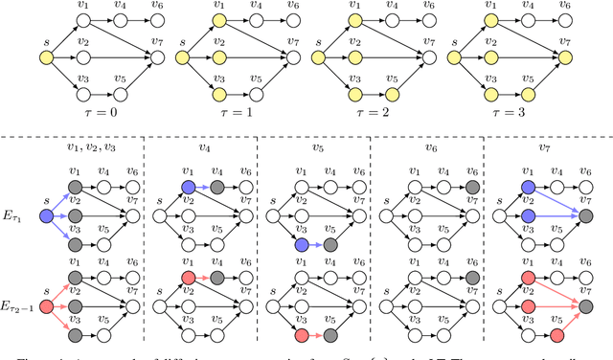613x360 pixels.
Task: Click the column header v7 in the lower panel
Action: (543, 148)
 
